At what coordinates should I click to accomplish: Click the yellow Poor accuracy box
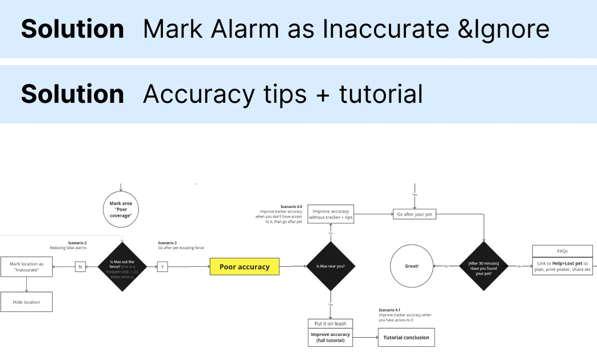pos(244,267)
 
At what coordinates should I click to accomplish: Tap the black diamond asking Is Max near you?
pos(331,266)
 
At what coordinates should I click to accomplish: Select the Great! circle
pos(412,266)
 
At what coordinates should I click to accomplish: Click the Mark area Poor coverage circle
pos(121,208)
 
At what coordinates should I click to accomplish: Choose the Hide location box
pos(26,302)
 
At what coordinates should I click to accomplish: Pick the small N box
pos(81,266)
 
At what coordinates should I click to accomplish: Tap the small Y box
pos(162,266)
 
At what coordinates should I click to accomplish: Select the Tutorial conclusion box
pos(406,337)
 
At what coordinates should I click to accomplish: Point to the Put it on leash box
pos(330,323)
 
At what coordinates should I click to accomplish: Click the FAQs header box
pos(562,251)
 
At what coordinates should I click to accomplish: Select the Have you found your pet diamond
pos(484,266)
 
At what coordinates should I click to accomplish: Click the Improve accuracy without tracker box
pos(331,214)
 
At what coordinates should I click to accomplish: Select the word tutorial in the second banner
pos(380,94)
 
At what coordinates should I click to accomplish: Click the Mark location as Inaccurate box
pos(26,267)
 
